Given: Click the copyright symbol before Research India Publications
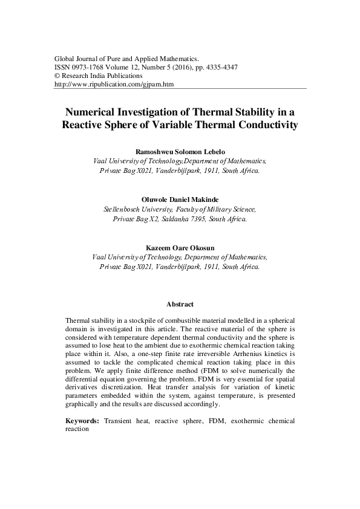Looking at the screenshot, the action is tap(57, 76).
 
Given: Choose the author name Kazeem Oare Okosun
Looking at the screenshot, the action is tap(180, 247).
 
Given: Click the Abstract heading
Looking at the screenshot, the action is tap(180, 304).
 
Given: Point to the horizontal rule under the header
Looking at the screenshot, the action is tap(180, 89).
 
